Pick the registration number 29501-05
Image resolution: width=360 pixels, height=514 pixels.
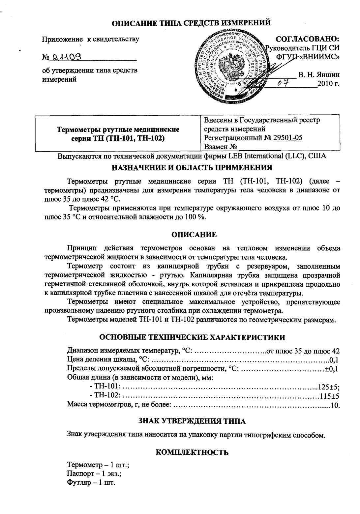(x=287, y=138)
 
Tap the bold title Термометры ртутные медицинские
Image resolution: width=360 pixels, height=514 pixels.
(x=118, y=129)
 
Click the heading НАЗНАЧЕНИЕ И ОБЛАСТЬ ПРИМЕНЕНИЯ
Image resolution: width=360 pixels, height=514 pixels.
(x=192, y=167)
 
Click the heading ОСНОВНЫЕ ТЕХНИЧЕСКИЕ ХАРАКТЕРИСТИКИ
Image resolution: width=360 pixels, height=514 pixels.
(x=192, y=337)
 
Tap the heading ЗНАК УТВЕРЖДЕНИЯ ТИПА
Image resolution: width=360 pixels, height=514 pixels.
(x=192, y=421)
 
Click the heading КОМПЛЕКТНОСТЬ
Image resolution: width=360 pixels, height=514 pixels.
(x=192, y=452)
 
